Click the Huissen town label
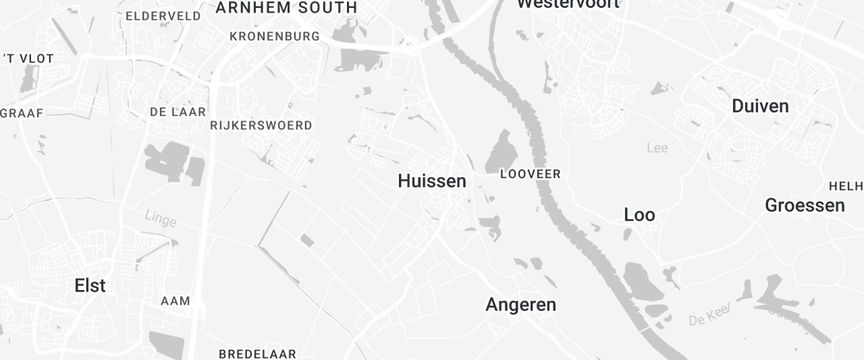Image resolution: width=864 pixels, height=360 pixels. click(x=432, y=181)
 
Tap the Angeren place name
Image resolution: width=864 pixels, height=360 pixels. click(x=521, y=305)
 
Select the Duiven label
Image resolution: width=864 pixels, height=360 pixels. click(x=760, y=107)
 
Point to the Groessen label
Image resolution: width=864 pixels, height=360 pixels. click(x=805, y=205)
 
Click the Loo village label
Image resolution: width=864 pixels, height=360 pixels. click(x=639, y=215)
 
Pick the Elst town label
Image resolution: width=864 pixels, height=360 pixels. click(x=90, y=286)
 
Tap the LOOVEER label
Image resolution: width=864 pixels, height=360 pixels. click(x=530, y=174)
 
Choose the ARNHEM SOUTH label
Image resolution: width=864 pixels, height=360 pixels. click(x=286, y=8)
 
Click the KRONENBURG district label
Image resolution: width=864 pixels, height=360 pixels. click(x=274, y=36)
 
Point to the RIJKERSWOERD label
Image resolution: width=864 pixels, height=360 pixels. click(x=261, y=125)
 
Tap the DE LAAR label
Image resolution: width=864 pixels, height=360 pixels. click(x=178, y=112)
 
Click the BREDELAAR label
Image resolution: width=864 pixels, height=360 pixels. click(x=257, y=354)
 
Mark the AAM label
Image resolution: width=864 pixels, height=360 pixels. click(x=175, y=300)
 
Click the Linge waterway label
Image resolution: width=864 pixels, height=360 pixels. click(x=160, y=217)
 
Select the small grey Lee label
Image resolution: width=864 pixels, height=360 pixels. click(x=657, y=148)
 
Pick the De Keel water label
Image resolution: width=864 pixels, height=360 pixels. click(x=710, y=315)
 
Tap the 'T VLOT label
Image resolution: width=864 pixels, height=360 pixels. click(x=28, y=59)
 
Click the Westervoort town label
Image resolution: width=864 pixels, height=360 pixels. click(x=569, y=4)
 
